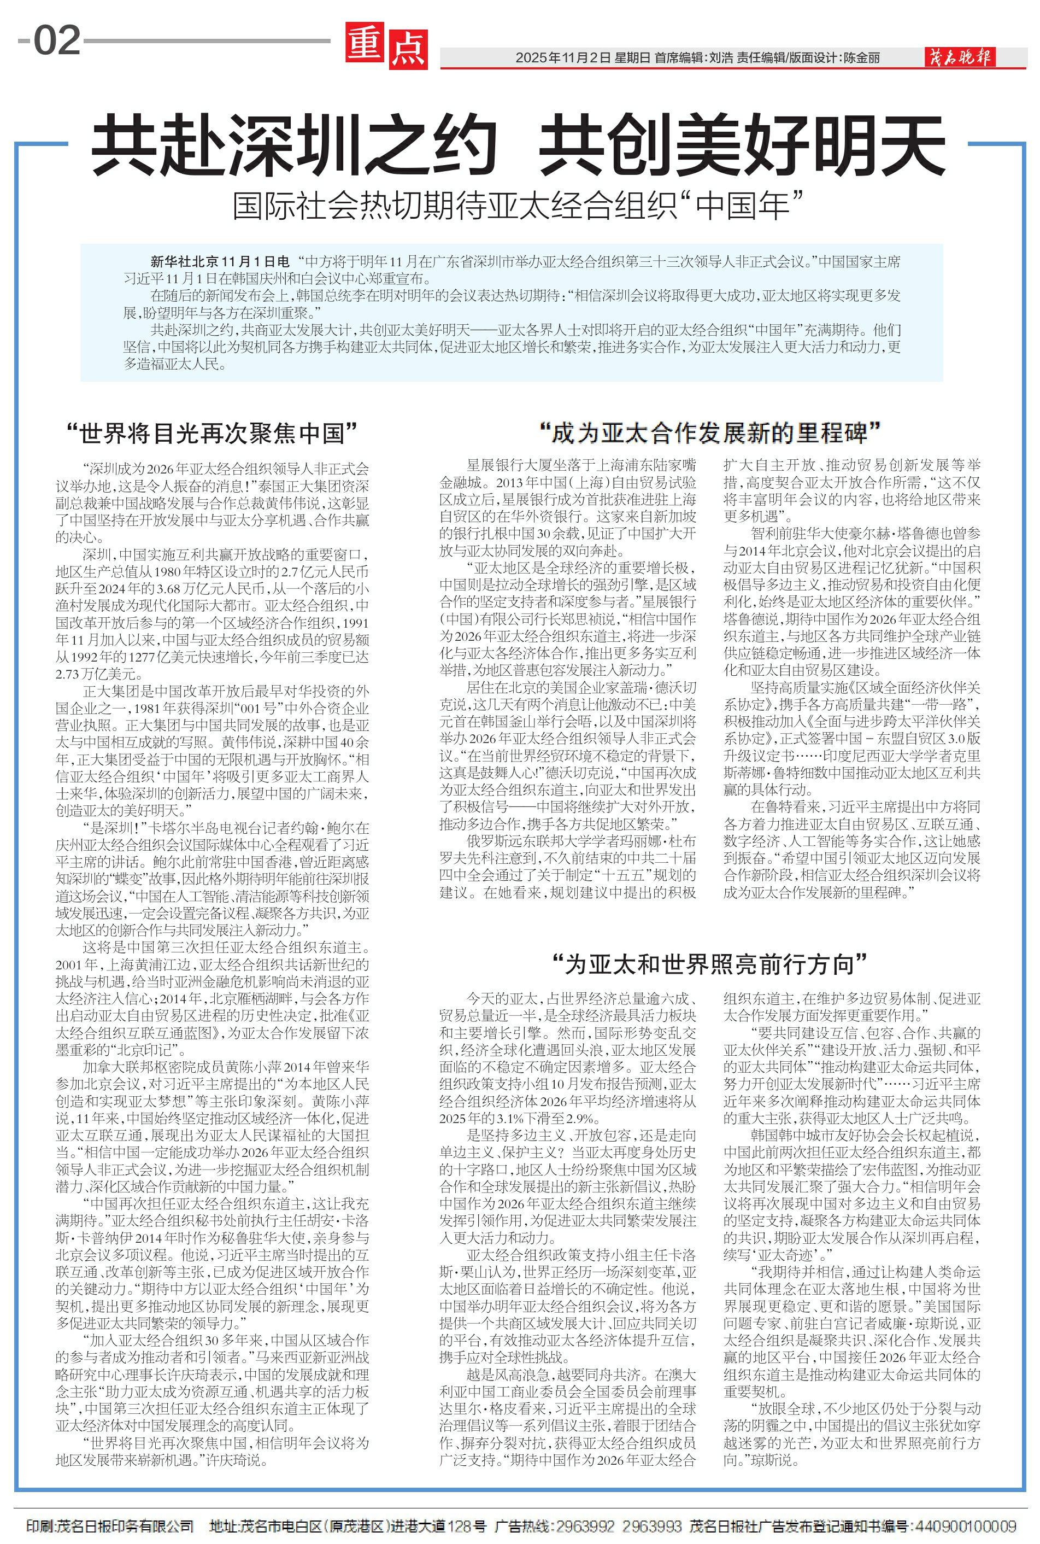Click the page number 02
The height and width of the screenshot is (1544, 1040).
click(57, 40)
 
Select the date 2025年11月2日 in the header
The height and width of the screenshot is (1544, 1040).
click(562, 58)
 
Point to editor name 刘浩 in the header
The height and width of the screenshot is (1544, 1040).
click(721, 58)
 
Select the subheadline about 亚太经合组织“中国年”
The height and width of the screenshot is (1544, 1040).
click(518, 206)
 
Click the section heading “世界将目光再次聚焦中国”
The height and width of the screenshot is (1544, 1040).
click(212, 434)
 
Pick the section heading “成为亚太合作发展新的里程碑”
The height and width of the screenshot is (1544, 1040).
click(710, 434)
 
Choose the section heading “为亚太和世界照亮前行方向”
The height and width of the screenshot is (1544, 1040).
click(710, 964)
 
